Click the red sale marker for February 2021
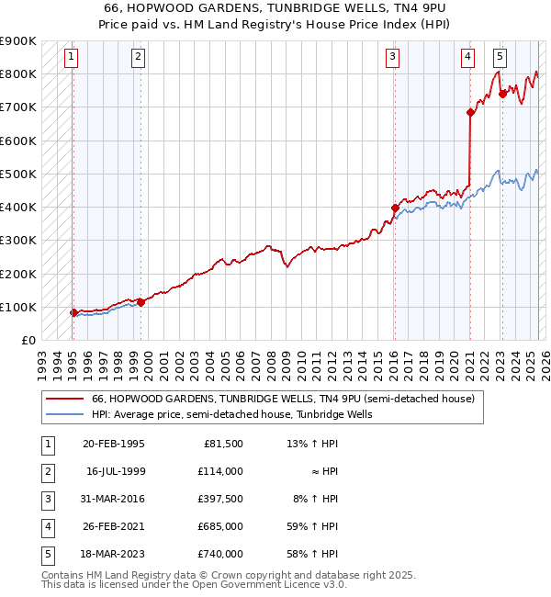(470, 113)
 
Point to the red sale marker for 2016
(395, 208)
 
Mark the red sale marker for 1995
(73, 313)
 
